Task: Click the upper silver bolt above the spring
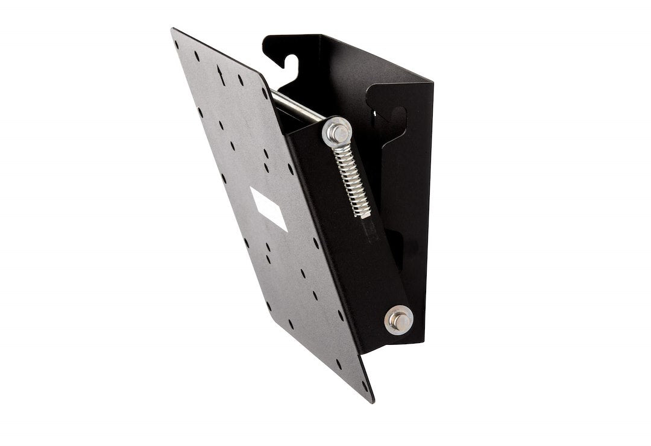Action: click(x=337, y=131)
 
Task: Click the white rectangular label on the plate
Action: click(x=268, y=208)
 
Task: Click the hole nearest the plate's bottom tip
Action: click(x=364, y=386)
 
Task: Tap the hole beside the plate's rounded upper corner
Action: click(x=265, y=93)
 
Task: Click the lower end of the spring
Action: click(x=365, y=214)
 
